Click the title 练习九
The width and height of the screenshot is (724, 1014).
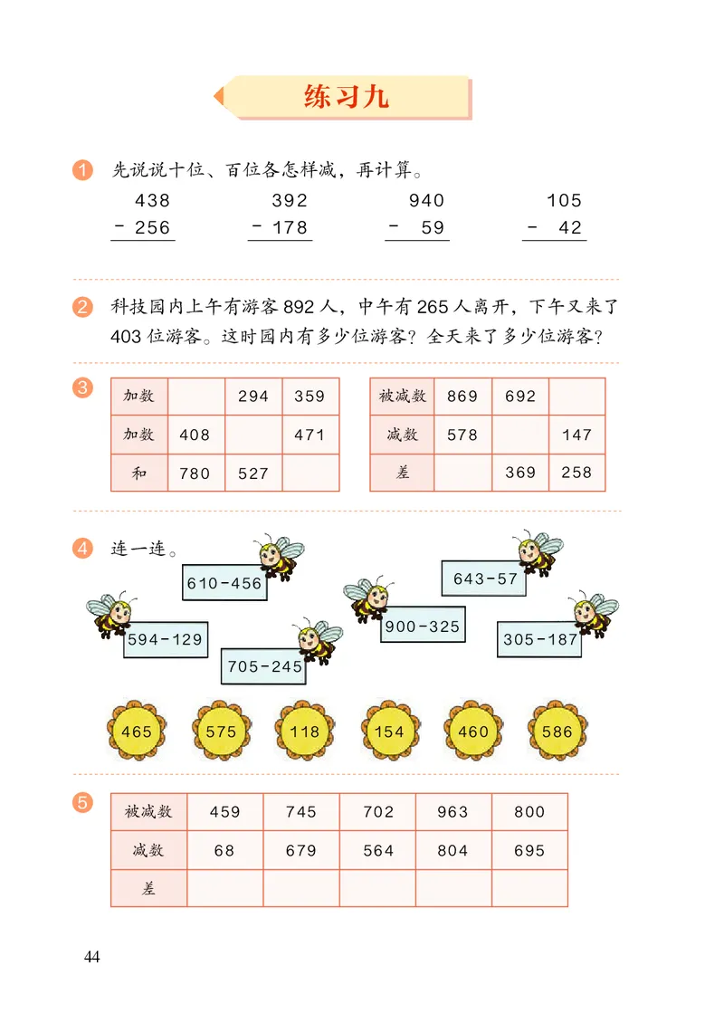[x=347, y=97]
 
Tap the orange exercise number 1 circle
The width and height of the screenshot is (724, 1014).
[x=83, y=169]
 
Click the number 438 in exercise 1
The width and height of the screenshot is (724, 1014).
[x=152, y=201]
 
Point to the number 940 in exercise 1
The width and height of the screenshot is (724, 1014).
[x=426, y=201]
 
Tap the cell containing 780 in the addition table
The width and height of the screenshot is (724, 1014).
[x=195, y=473]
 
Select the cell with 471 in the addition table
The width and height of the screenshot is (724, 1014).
[x=310, y=435]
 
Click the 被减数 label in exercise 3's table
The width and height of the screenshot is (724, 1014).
[x=402, y=397]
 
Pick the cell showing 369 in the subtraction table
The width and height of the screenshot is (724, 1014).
[x=520, y=473]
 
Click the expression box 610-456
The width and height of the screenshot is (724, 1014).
[x=224, y=584]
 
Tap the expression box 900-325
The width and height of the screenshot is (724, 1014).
[x=423, y=627]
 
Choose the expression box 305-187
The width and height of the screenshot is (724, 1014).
[x=539, y=639]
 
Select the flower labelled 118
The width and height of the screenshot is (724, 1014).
[x=305, y=732]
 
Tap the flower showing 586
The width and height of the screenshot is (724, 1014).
[x=557, y=732]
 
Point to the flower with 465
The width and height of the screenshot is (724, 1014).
[x=137, y=732]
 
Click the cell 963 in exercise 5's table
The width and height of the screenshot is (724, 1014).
[x=453, y=812]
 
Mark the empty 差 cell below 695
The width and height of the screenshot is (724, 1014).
[x=529, y=888]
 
